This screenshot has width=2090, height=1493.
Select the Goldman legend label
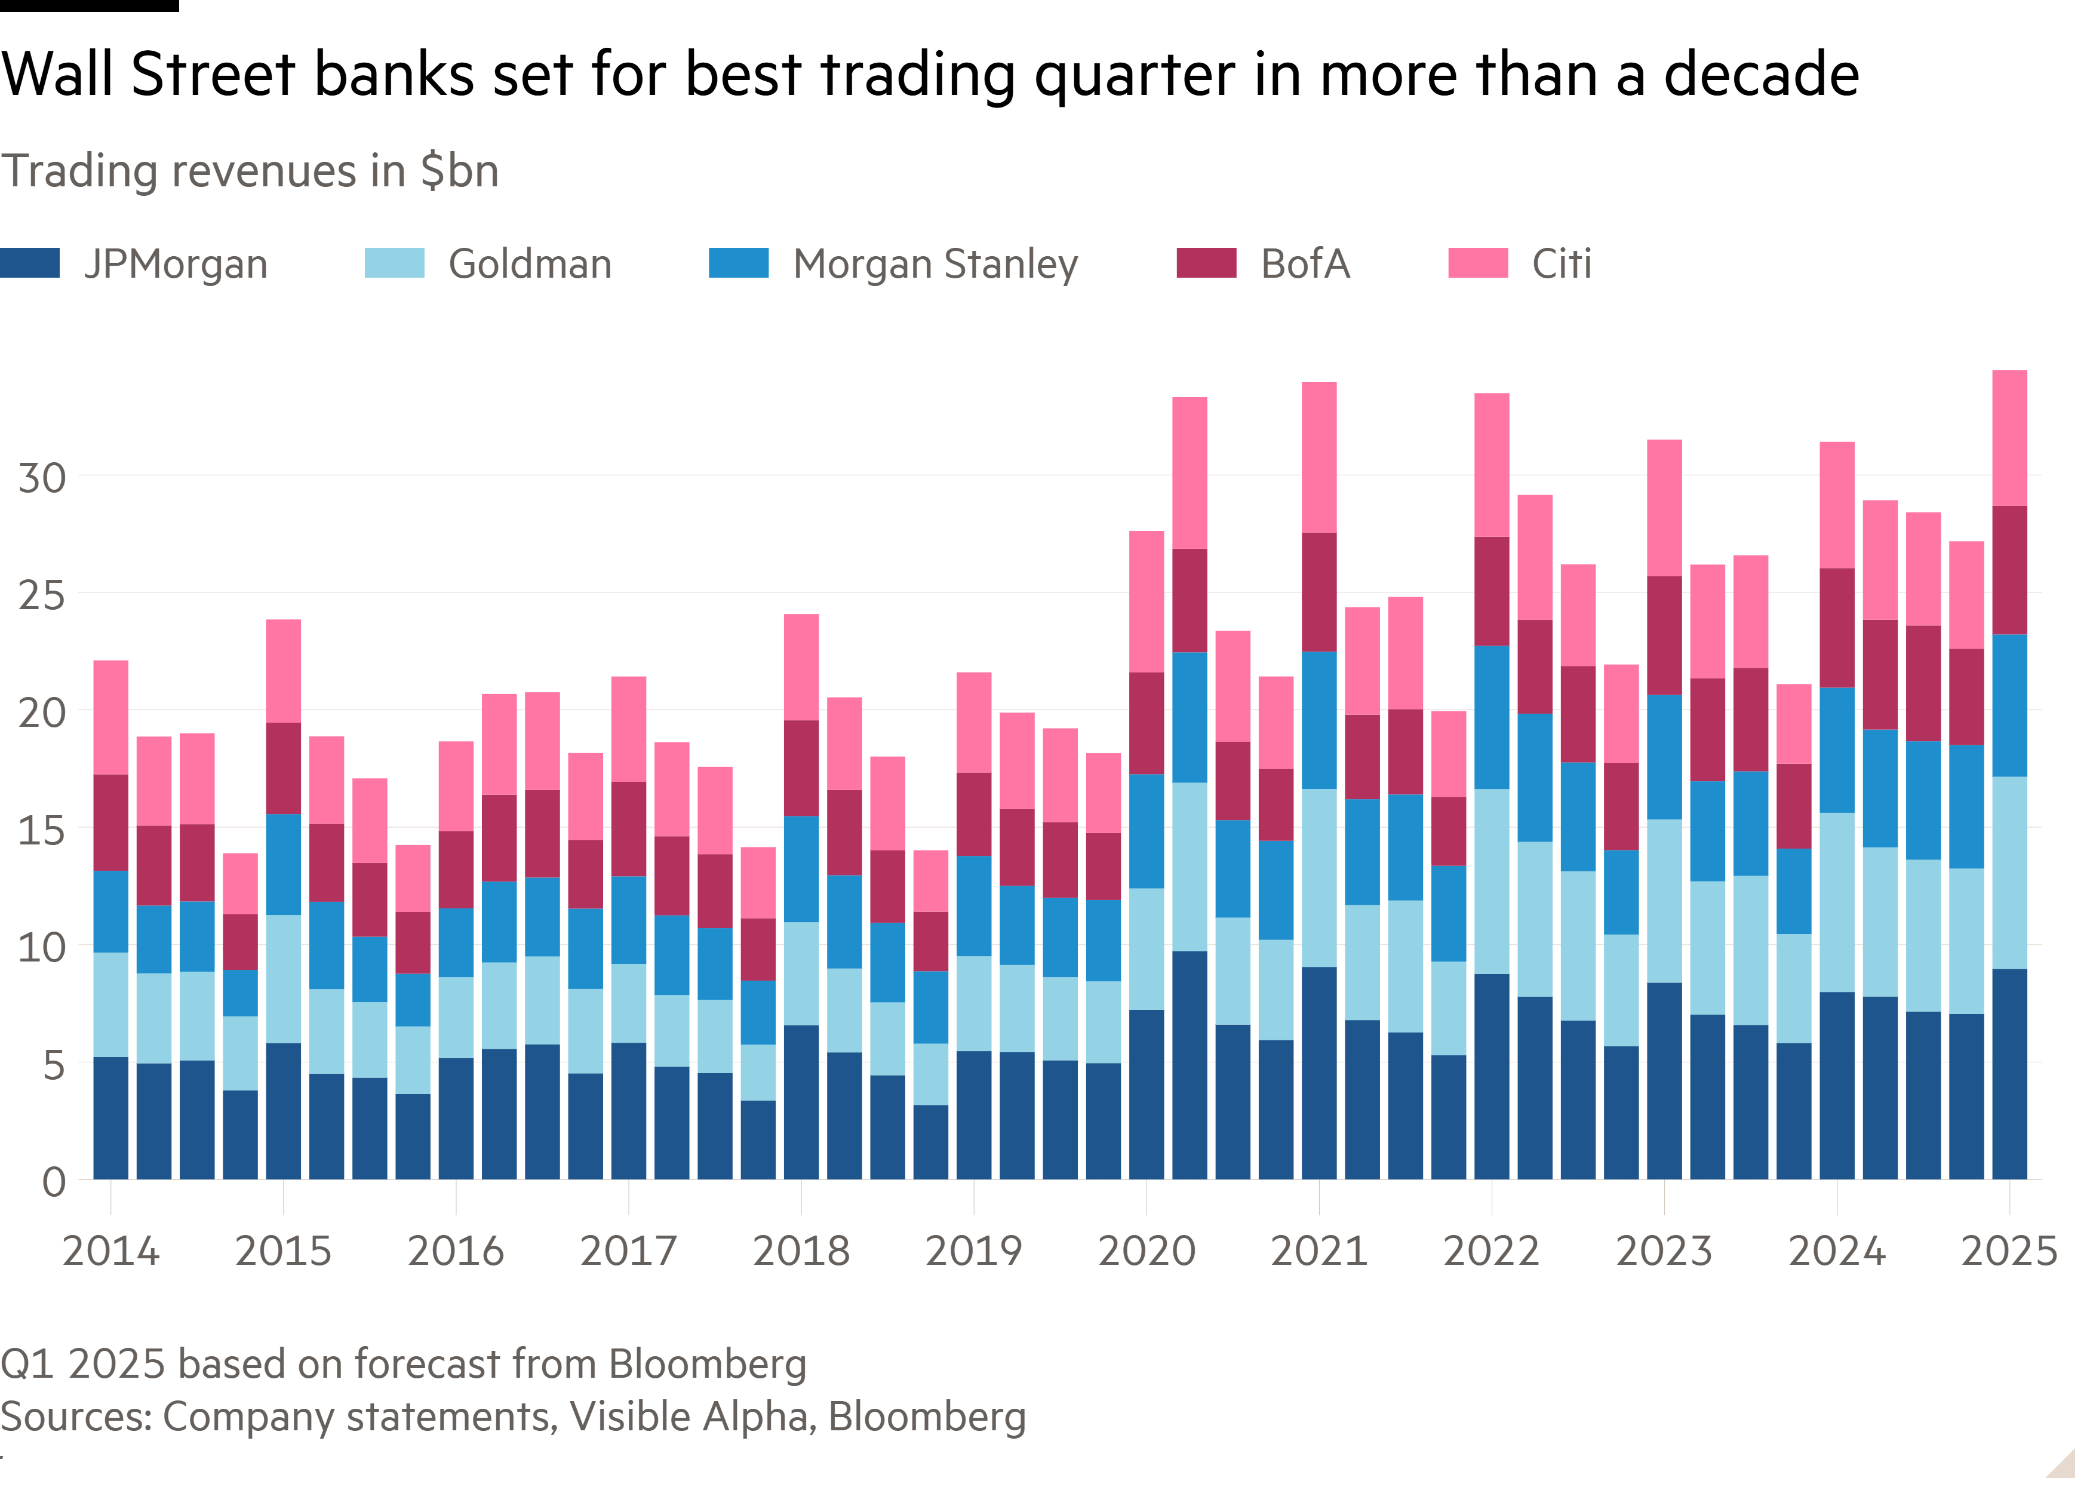click(530, 265)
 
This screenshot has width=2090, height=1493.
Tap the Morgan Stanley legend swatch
click(738, 263)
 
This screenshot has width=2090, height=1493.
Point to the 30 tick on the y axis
click(42, 478)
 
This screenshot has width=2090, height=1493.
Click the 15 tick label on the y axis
click(42, 830)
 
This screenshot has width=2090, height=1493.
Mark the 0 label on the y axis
click(53, 1182)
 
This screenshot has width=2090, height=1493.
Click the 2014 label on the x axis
click(110, 1251)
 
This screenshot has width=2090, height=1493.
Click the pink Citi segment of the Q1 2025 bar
click(2009, 438)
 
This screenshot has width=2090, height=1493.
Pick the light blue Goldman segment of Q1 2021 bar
click(1319, 877)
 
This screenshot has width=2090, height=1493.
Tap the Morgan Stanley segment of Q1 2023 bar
click(1664, 757)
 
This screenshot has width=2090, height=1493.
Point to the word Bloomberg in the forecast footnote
click(707, 1364)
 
